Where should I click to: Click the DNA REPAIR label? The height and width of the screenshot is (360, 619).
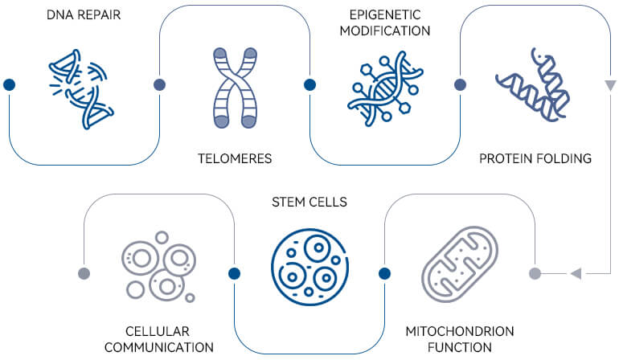point(84,14)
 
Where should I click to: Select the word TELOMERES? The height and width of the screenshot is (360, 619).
point(235,158)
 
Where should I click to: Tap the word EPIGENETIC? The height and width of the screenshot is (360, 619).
point(385,15)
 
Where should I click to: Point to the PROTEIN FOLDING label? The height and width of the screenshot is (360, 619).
point(535,158)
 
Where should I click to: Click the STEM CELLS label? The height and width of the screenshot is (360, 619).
point(309,202)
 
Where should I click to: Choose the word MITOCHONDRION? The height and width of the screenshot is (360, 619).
point(460,331)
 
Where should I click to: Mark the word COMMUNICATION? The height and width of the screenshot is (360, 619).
point(159,347)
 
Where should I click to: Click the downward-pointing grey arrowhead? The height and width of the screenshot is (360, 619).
point(610,85)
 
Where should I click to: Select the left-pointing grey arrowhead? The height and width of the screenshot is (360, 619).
point(576,273)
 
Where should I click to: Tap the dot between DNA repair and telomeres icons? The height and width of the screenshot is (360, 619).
point(159,84)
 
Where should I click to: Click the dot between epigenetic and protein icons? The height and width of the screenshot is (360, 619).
point(460,84)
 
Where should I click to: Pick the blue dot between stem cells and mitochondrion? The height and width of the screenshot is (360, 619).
point(384,273)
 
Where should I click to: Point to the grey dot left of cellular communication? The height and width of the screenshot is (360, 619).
point(84,273)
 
